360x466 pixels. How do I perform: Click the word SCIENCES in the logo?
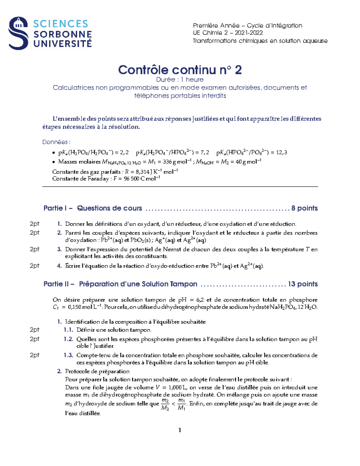coord(61,24)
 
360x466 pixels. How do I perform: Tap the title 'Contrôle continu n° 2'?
coord(180,70)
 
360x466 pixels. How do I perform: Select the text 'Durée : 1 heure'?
coord(180,80)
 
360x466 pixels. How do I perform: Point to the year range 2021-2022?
coord(249,33)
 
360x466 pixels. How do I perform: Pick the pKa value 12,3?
coord(281,152)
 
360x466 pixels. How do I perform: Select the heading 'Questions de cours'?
coord(109,208)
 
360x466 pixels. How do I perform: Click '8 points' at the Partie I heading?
coord(304,208)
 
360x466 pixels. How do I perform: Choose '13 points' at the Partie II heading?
coord(302,284)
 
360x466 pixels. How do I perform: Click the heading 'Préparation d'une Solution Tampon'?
coord(138,284)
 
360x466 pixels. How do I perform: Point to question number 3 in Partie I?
coord(59,249)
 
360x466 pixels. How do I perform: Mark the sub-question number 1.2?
coord(68,339)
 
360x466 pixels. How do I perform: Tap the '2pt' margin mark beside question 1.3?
coord(34,355)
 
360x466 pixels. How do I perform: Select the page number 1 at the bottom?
coord(180,430)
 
